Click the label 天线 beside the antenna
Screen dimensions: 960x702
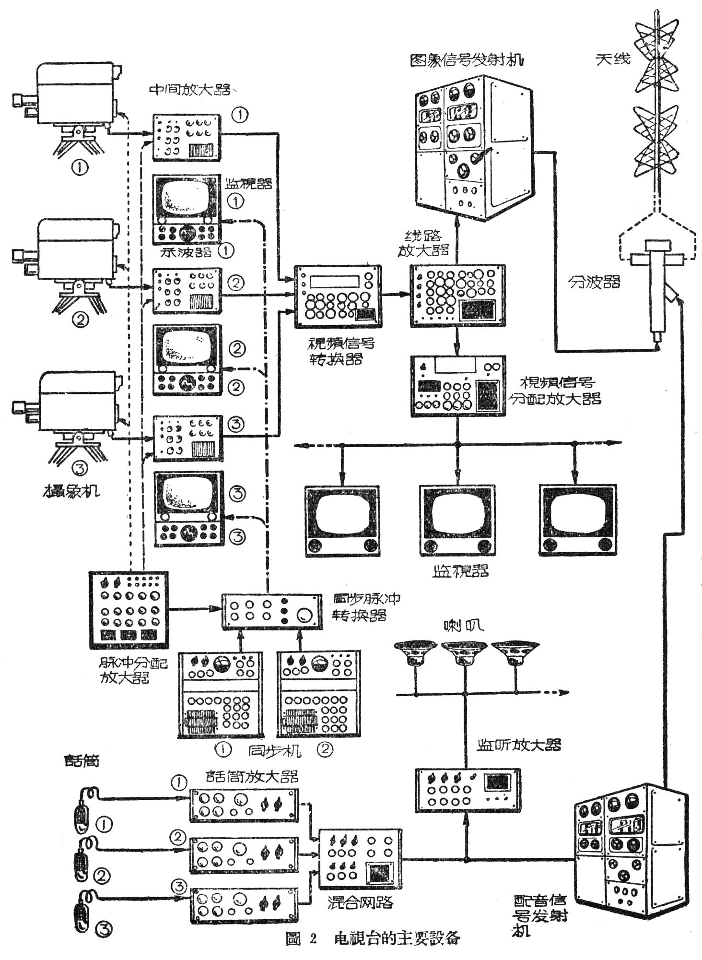[x=612, y=59]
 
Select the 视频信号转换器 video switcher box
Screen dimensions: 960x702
[x=339, y=296]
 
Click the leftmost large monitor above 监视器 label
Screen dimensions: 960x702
[x=342, y=520]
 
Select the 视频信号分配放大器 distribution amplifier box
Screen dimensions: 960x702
[x=458, y=386]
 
